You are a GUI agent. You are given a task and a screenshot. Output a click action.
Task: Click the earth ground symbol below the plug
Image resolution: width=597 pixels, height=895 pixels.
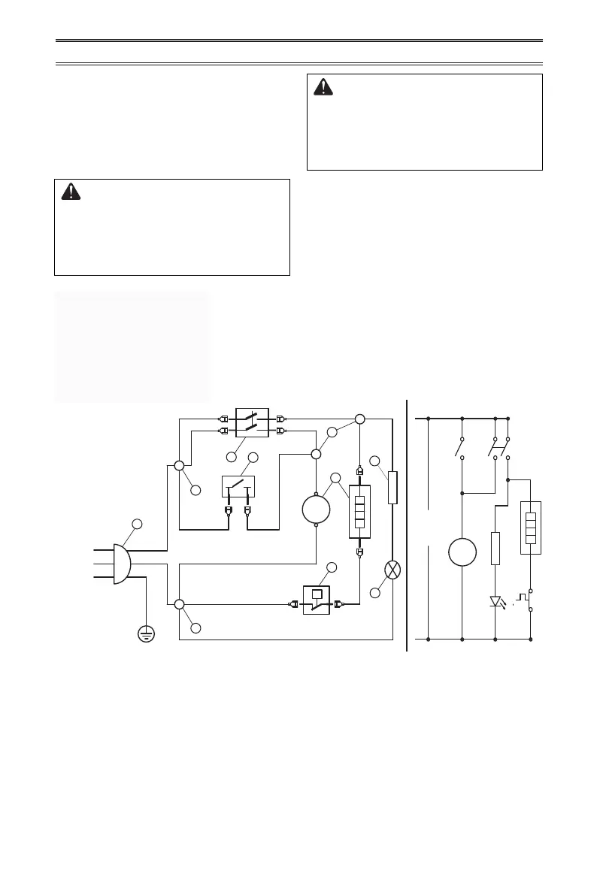(x=146, y=635)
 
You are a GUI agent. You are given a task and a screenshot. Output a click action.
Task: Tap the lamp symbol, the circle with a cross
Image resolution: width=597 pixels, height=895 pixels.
(x=392, y=570)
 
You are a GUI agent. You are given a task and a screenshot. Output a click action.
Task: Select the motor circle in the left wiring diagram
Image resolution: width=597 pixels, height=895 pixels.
(x=316, y=509)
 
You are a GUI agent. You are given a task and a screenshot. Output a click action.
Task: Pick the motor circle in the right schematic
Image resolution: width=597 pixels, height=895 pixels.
(x=462, y=552)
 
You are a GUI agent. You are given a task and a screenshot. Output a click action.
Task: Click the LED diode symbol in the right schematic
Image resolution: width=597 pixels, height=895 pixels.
(x=495, y=602)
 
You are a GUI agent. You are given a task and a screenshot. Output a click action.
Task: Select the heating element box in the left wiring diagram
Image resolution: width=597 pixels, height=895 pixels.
(x=359, y=511)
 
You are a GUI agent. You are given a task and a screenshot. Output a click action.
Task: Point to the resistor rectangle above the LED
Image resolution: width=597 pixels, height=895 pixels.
(x=495, y=548)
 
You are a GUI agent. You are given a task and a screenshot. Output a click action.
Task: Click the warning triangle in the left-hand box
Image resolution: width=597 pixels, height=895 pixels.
(x=71, y=192)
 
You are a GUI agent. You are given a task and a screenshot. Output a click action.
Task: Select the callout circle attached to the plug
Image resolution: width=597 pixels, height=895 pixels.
(x=137, y=523)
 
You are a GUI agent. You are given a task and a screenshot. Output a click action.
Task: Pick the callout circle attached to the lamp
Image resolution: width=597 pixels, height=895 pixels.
(x=375, y=593)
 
